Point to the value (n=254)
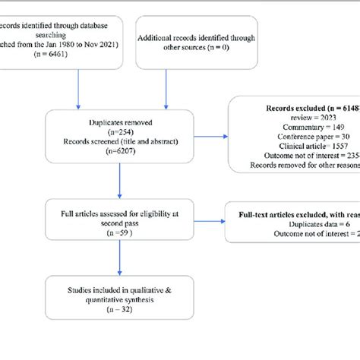[x=118, y=130]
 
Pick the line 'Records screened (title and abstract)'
[x=118, y=140]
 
